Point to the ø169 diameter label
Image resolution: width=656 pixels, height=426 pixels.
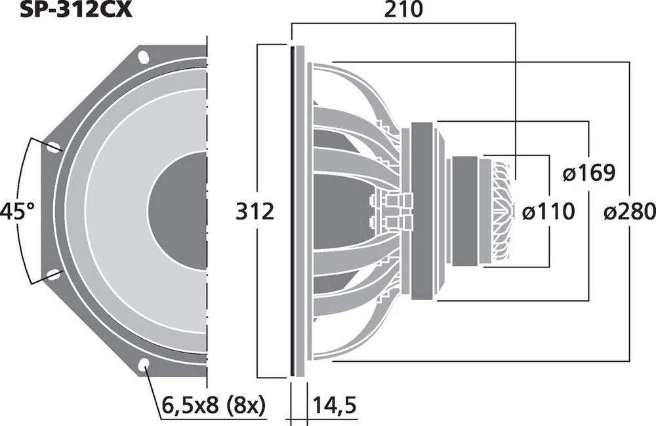(x=588, y=174)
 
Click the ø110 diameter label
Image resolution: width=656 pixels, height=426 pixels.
(x=548, y=212)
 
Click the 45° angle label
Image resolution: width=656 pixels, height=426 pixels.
(x=17, y=212)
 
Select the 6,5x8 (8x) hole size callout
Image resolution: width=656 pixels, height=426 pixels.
(x=211, y=406)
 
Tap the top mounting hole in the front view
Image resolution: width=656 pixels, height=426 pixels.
(x=144, y=58)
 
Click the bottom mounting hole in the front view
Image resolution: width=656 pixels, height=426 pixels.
(x=144, y=365)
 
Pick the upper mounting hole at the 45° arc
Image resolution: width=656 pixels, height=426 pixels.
(x=53, y=147)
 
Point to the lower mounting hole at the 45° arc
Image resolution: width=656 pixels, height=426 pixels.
(x=53, y=275)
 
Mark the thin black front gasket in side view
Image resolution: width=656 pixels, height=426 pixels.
(x=291, y=211)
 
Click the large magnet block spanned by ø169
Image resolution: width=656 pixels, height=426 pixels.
(x=423, y=211)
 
